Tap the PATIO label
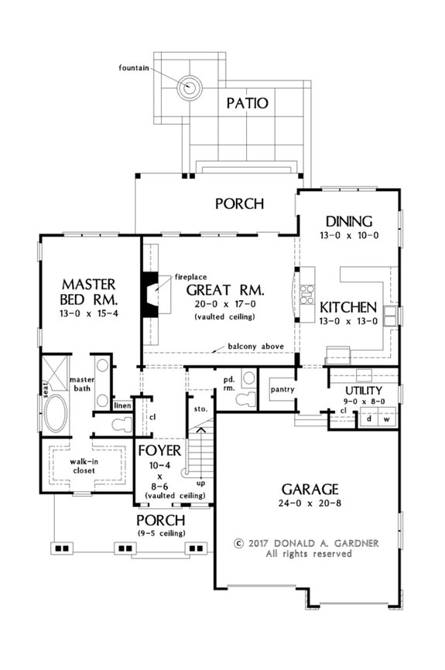(247, 102)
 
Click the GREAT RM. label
(225, 291)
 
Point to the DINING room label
(348, 220)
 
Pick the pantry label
(282, 388)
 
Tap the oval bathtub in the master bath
(55, 415)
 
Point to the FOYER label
(159, 450)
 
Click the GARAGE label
(310, 489)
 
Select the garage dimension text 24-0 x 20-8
(310, 507)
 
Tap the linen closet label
(122, 405)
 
